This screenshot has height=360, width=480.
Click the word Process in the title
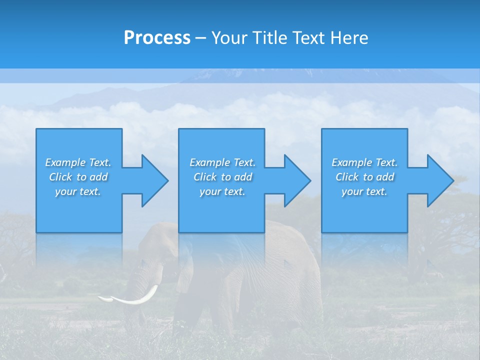click(157, 38)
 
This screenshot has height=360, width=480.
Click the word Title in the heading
click(269, 38)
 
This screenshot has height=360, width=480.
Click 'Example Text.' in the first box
click(78, 162)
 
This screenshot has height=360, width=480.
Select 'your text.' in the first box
click(78, 191)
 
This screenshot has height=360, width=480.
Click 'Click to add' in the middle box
click(222, 177)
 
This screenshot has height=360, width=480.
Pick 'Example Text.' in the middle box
click(222, 162)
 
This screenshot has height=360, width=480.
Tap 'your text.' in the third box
click(364, 191)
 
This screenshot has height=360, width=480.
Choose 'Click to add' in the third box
click(364, 177)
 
